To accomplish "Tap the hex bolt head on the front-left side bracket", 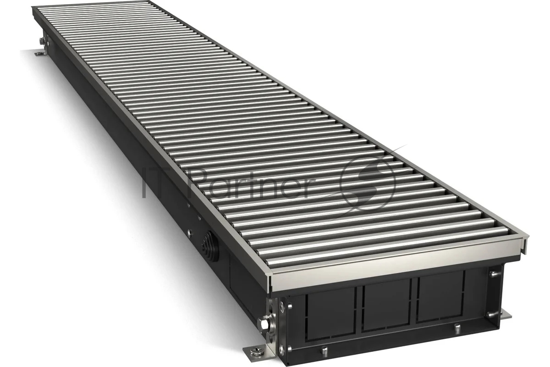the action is tap(264, 324).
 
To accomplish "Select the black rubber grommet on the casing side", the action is tap(209, 245).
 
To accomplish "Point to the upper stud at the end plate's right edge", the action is tap(494, 273).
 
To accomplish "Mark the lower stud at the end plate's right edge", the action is tap(492, 314).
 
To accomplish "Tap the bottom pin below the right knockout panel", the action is tap(456, 328).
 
